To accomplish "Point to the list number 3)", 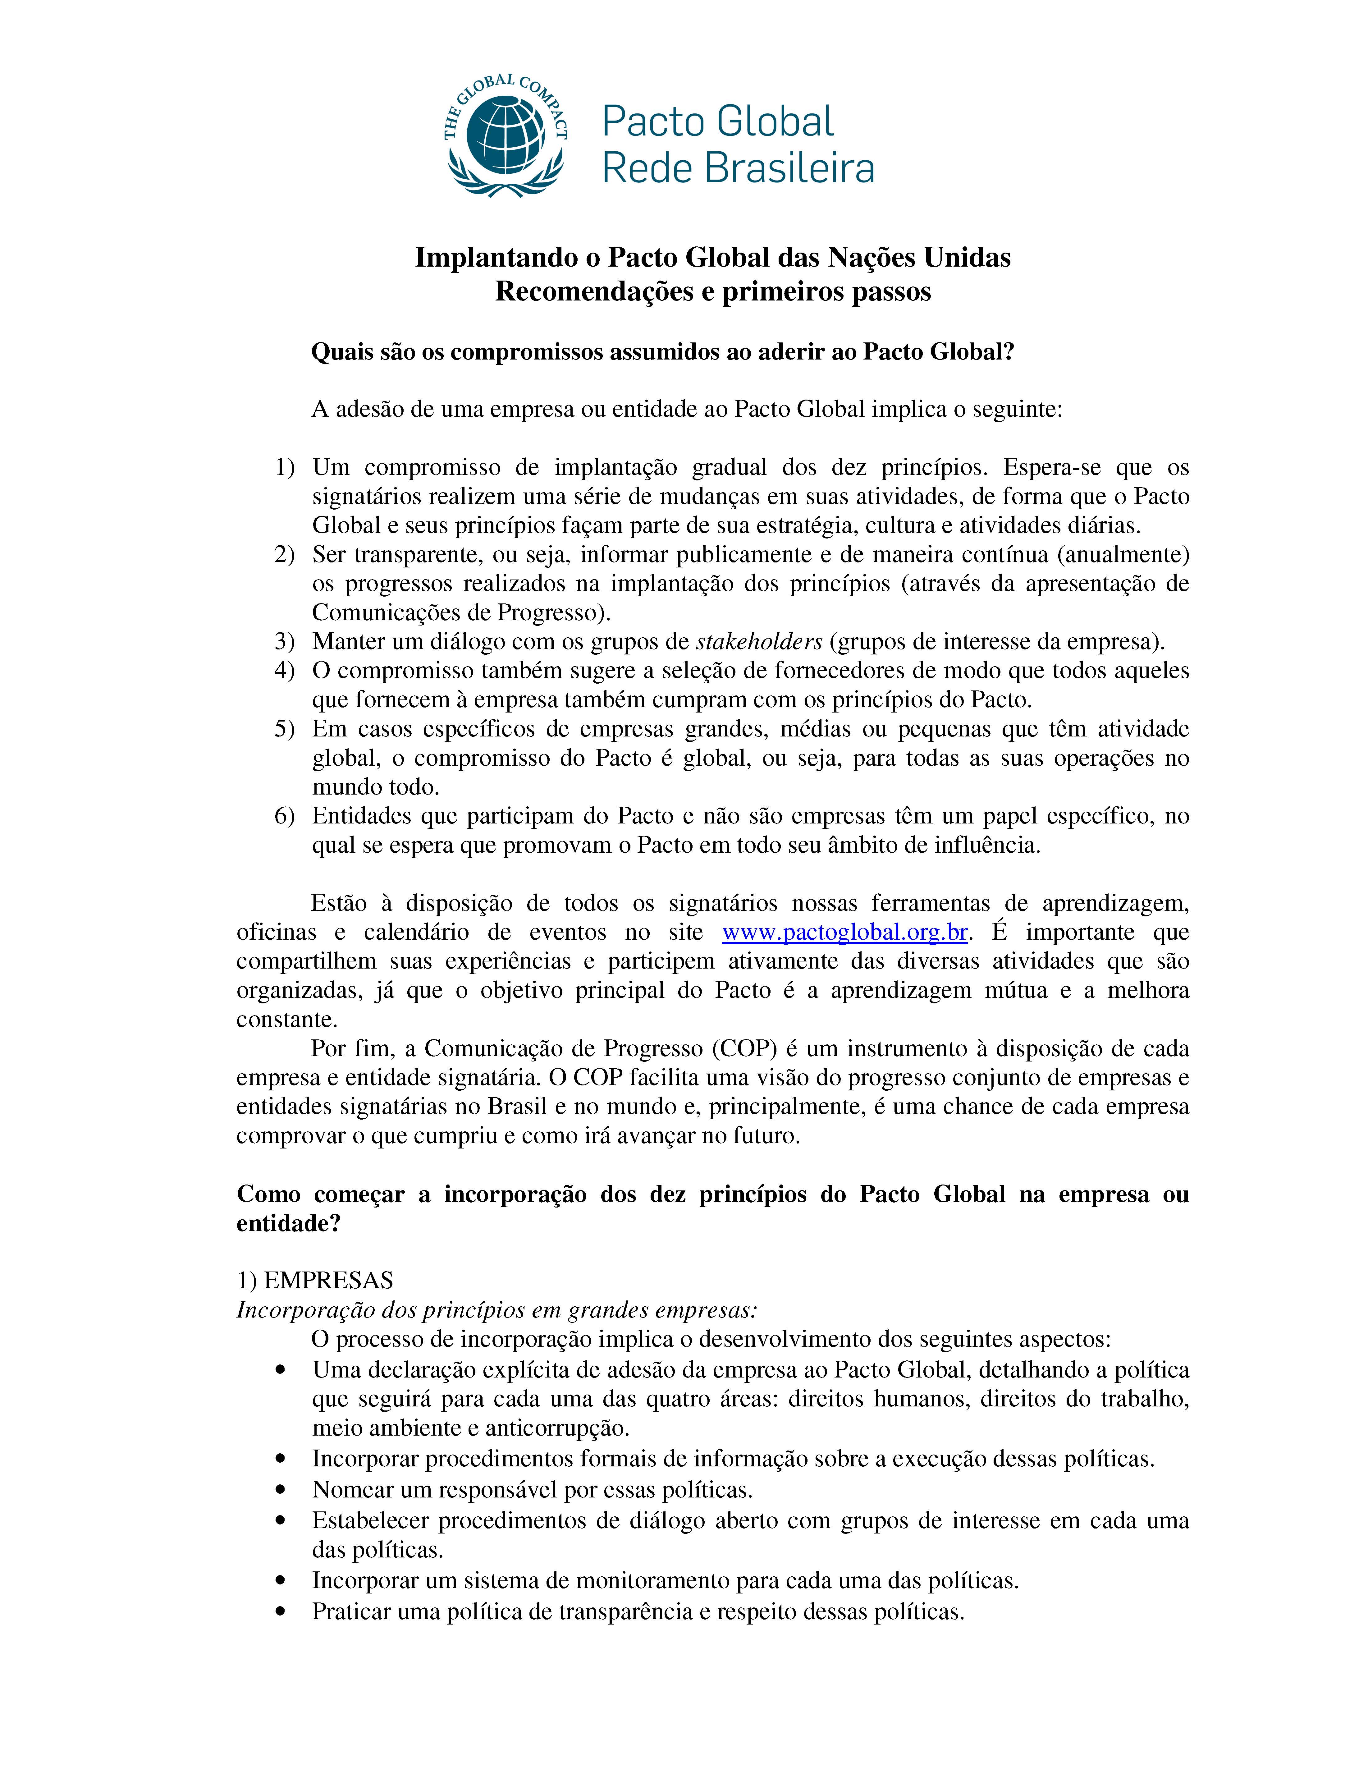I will (284, 642).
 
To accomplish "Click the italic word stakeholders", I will (759, 642).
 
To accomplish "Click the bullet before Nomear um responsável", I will (281, 1490).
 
